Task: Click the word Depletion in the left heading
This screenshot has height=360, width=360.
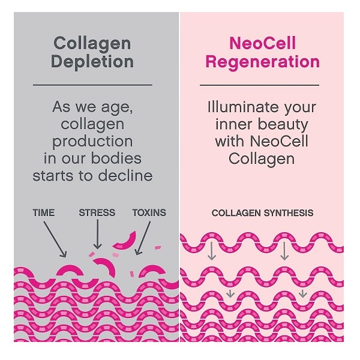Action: click(92, 62)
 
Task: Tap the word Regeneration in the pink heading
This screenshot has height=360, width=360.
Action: click(263, 62)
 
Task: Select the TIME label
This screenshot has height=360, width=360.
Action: click(44, 212)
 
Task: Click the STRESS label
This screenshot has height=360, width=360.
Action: click(97, 212)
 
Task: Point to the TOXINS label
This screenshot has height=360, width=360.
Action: click(149, 212)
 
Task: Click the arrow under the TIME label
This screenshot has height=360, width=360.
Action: click(55, 239)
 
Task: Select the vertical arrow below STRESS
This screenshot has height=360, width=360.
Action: click(98, 234)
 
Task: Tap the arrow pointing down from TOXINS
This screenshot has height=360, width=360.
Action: click(143, 238)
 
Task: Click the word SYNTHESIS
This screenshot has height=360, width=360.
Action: click(289, 213)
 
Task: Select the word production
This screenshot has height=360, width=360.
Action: click(92, 142)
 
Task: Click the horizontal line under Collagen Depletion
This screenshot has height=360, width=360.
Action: click(92, 85)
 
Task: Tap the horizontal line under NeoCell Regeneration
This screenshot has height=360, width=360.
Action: click(259, 85)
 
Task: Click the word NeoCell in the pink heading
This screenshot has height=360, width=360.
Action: click(263, 43)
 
